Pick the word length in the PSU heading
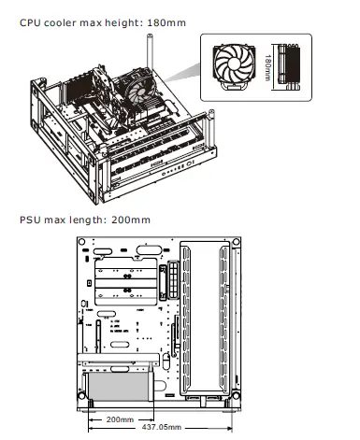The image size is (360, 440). coord(93,220)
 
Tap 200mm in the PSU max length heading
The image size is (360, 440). coord(132,220)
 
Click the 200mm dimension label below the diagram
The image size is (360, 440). coord(121,418)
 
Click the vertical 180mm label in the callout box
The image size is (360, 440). coord(267,67)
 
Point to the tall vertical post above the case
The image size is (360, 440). coord(147,51)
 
